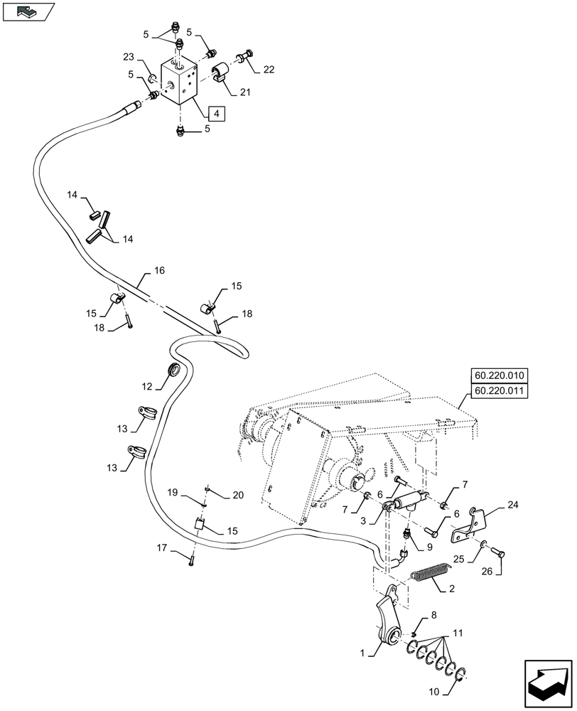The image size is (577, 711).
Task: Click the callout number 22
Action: [x=268, y=70]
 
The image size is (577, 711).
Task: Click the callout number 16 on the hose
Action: [x=158, y=271]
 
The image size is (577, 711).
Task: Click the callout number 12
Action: [x=147, y=387]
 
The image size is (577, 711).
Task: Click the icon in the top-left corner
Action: [x=28, y=11]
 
